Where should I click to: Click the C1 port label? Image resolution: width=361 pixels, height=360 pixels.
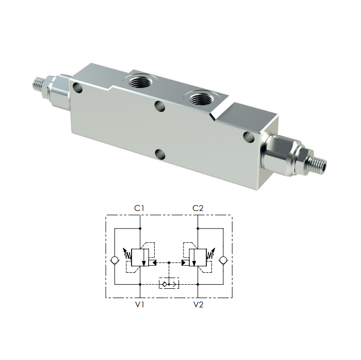pyautogui.click(x=139, y=208)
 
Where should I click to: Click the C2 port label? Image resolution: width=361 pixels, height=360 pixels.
pyautogui.click(x=198, y=208)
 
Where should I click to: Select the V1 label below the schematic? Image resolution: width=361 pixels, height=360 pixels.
pyautogui.click(x=140, y=304)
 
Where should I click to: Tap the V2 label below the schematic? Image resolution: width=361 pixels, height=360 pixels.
pyautogui.click(x=198, y=304)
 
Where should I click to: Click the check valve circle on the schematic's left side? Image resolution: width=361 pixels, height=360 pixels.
pyautogui.click(x=114, y=260)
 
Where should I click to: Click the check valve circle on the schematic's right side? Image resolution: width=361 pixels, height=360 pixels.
pyautogui.click(x=223, y=260)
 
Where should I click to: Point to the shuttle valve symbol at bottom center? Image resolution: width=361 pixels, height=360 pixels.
pyautogui.click(x=169, y=284)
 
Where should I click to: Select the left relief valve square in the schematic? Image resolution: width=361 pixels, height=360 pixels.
pyautogui.click(x=140, y=257)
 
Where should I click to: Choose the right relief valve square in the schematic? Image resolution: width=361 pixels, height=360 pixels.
pyautogui.click(x=198, y=257)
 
